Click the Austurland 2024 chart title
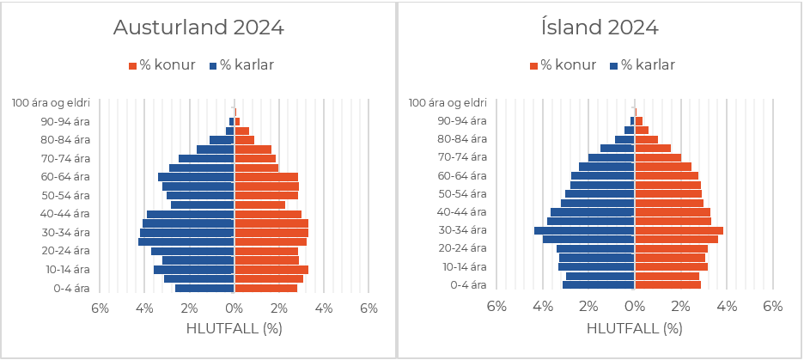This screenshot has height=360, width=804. [198, 27]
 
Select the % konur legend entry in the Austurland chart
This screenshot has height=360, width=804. [162, 65]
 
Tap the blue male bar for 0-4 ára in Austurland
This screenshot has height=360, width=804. [204, 288]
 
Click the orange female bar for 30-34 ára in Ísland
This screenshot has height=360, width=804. [679, 230]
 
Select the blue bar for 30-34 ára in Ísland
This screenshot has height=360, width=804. [584, 230]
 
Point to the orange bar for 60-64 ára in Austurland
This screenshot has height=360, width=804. [266, 177]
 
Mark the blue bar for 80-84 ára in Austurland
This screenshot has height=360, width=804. [222, 140]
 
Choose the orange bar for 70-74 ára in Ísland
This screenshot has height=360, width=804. [657, 157]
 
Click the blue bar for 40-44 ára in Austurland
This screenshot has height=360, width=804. [191, 214]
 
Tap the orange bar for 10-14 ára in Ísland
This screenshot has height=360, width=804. [671, 266]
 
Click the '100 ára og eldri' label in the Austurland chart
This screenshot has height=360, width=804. [51, 103]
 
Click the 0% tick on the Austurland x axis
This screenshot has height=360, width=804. [234, 307]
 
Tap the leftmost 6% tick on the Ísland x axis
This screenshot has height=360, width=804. [496, 306]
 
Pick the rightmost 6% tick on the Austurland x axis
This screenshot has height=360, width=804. [368, 307]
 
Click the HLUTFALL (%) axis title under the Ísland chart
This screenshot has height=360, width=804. [634, 328]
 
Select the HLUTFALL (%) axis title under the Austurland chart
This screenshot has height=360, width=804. [234, 328]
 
